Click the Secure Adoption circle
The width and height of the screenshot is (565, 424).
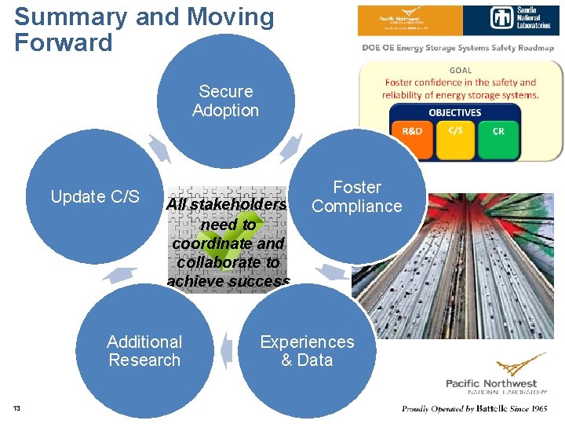(226, 101)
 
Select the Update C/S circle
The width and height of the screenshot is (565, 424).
(95, 197)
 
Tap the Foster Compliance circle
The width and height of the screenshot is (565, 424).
(357, 197)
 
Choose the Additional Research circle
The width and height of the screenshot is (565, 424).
(144, 351)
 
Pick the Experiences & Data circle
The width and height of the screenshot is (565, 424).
(307, 351)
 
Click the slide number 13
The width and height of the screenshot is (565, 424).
(17, 408)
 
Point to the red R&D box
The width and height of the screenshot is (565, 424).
(412, 131)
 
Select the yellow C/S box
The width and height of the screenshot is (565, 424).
(455, 130)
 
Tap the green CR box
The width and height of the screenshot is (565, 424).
(498, 131)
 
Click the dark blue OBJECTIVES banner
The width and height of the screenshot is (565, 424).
(455, 112)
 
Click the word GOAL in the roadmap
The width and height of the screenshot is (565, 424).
(461, 70)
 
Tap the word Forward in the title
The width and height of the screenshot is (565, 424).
(64, 42)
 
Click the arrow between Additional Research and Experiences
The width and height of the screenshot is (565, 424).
(226, 350)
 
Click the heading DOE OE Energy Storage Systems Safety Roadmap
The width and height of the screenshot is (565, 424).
(458, 48)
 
